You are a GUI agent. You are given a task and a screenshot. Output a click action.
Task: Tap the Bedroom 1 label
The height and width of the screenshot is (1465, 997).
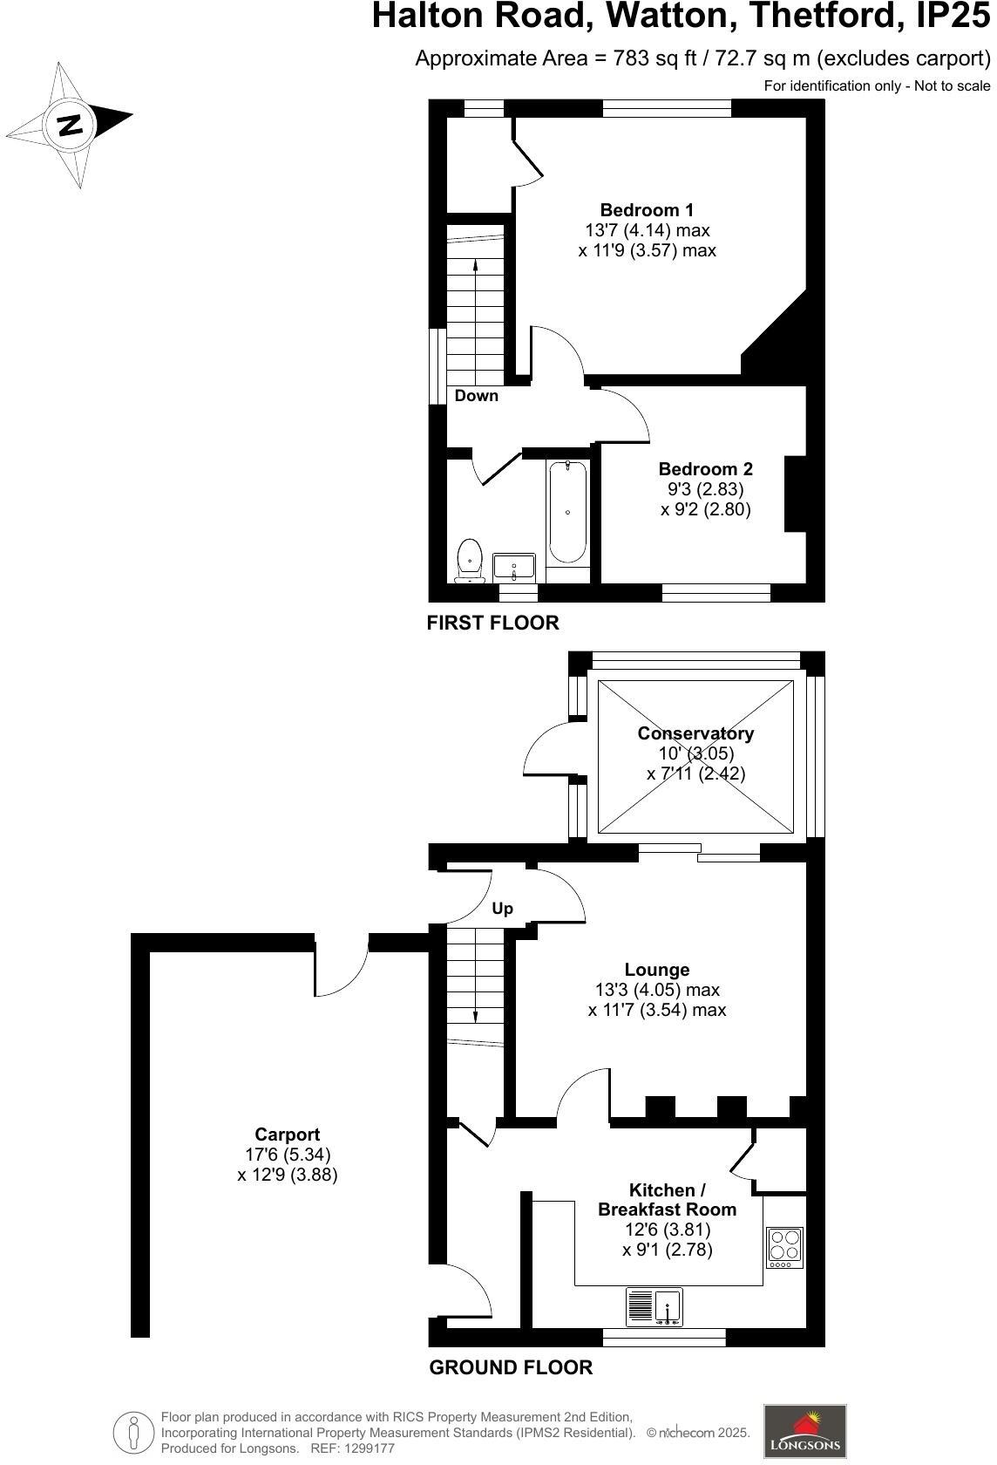(647, 210)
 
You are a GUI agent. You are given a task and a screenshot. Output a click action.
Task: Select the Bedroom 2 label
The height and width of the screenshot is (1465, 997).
(705, 469)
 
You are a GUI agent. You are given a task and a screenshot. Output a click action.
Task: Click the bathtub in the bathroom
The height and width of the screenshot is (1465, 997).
(567, 513)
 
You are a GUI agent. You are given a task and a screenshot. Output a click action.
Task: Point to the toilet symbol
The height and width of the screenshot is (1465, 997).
(469, 560)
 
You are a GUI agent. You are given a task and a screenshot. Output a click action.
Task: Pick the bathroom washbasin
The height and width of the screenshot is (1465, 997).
(514, 567)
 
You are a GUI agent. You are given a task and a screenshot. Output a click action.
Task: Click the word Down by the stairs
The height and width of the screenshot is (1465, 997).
(477, 396)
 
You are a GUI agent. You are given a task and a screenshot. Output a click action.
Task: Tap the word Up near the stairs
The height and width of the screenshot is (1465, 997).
(502, 909)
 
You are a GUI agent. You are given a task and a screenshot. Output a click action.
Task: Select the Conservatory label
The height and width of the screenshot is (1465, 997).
(695, 733)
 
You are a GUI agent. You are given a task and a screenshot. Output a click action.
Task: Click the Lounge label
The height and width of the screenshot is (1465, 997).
(657, 970)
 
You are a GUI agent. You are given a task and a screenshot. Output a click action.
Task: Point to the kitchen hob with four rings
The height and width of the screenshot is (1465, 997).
(784, 1247)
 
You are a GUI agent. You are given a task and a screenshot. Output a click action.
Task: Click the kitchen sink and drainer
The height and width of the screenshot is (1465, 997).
(654, 1307)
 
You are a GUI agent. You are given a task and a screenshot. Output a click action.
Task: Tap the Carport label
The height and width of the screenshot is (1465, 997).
(287, 1135)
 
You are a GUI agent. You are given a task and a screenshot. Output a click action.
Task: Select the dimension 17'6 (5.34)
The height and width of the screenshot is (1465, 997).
(288, 1155)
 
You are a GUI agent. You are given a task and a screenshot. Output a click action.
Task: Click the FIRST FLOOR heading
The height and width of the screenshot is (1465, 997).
(492, 623)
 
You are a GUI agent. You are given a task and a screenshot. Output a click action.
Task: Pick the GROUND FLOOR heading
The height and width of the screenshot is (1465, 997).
(511, 1367)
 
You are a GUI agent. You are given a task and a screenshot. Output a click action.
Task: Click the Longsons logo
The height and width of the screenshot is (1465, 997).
(804, 1430)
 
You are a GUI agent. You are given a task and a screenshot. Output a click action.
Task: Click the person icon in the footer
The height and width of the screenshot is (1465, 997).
(133, 1431)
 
